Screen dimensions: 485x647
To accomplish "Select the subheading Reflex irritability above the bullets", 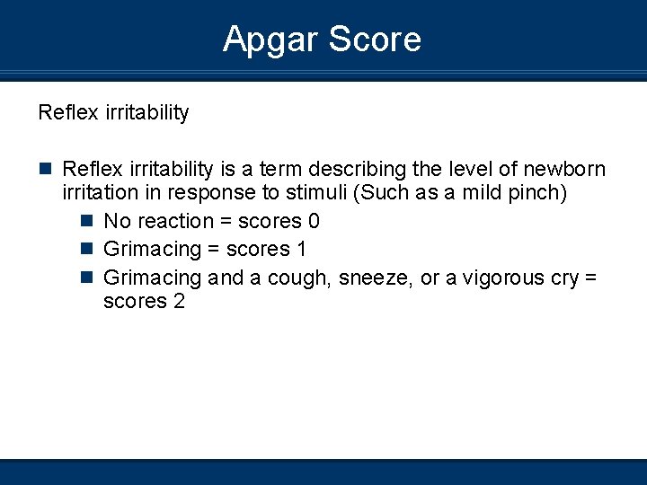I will coord(113,113).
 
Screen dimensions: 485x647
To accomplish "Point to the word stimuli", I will coord(346,193).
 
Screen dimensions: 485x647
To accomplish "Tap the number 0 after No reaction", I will coord(314,221).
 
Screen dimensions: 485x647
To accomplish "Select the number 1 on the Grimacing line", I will coord(300,249).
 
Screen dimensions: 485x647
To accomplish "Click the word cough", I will coord(300,278).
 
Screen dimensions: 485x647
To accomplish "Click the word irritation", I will coord(99,193).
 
